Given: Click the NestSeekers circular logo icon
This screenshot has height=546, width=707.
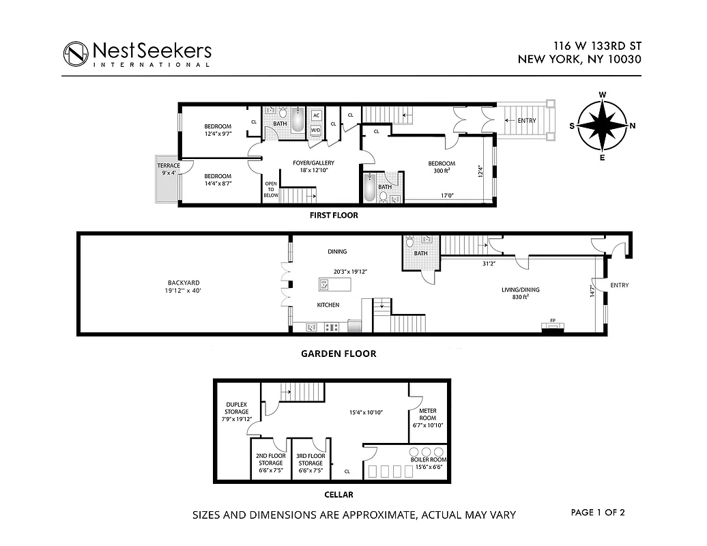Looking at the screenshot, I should pyautogui.click(x=75, y=54).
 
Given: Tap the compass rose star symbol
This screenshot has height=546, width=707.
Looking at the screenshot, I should pyautogui.click(x=603, y=126).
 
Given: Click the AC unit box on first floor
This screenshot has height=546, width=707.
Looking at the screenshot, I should pyautogui.click(x=317, y=115).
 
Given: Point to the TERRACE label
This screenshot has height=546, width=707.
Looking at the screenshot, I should pyautogui.click(x=169, y=166).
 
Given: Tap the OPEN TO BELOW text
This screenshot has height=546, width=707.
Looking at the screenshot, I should pyautogui.click(x=271, y=189).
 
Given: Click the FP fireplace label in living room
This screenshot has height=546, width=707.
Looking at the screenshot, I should pyautogui.click(x=551, y=321).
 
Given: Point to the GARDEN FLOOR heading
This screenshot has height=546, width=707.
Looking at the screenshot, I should pyautogui.click(x=338, y=354).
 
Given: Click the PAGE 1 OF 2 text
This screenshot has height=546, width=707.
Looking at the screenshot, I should pyautogui.click(x=598, y=512).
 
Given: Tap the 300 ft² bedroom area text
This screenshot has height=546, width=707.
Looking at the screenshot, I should pyautogui.click(x=442, y=172).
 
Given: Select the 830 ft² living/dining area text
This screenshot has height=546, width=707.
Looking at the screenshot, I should pyautogui.click(x=521, y=298).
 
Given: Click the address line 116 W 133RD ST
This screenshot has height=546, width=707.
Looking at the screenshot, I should pyautogui.click(x=597, y=46).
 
